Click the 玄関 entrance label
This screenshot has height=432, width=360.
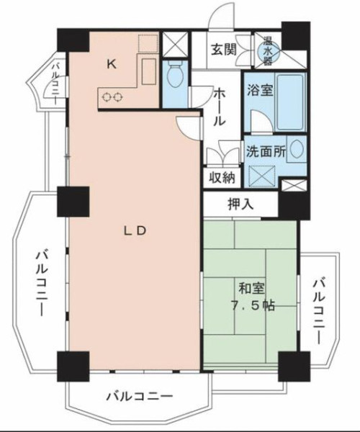pyautogui.click(x=224, y=50)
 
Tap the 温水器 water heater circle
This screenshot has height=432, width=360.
pyautogui.click(x=267, y=51)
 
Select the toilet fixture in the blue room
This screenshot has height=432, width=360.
pyautogui.click(x=175, y=75)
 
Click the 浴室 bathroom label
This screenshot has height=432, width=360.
pyautogui.click(x=260, y=90)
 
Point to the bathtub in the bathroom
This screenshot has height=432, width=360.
pyautogui.click(x=290, y=102)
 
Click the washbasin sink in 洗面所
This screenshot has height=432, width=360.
pyautogui.click(x=297, y=149)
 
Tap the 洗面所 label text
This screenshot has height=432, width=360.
pyautogui.click(x=266, y=151)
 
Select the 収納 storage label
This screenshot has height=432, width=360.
pyautogui.click(x=222, y=178)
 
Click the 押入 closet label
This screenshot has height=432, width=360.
pyautogui.click(x=240, y=204)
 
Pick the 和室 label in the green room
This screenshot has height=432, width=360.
pyautogui.click(x=252, y=288)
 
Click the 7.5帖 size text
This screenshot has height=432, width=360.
pyautogui.click(x=252, y=305)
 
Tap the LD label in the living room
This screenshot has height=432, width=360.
pyautogui.click(x=134, y=231)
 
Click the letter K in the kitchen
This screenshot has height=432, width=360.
pyautogui.click(x=112, y=64)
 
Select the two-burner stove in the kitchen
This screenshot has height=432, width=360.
pyautogui.click(x=112, y=97)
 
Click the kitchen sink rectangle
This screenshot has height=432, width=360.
pyautogui.click(x=149, y=71)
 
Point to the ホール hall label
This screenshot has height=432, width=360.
pyautogui.click(x=220, y=107)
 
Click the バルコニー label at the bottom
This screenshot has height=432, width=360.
pyautogui.click(x=140, y=397)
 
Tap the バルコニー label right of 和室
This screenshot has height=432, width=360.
pyautogui.click(x=319, y=311)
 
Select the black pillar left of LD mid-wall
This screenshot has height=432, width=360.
pyautogui.click(x=73, y=202)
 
